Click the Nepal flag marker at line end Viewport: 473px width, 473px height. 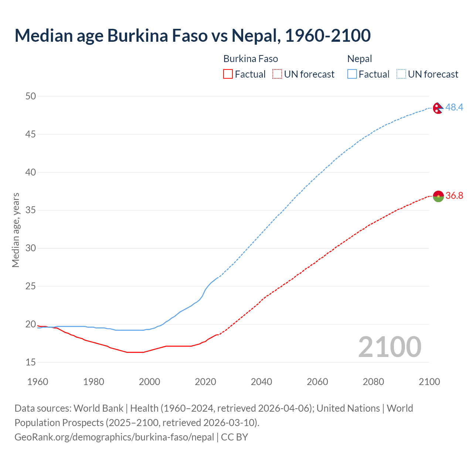(x=438, y=108)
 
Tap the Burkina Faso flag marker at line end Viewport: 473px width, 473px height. (x=438, y=196)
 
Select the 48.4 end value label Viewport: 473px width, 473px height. (x=454, y=107)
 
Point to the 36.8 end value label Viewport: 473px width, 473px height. (x=454, y=195)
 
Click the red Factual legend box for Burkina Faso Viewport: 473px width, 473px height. (x=228, y=74)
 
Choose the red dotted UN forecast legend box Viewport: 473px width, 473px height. (x=277, y=74)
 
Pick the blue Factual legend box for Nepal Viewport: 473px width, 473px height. (x=352, y=74)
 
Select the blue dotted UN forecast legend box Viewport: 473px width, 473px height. (x=401, y=74)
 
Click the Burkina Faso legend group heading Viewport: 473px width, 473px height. (x=251, y=59)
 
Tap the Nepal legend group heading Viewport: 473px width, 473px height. (x=360, y=59)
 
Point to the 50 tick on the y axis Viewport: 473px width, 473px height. (x=31, y=96)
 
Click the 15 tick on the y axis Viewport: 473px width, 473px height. (x=31, y=362)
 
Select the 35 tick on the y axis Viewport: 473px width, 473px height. (x=31, y=210)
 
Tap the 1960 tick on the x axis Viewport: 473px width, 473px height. (x=38, y=382)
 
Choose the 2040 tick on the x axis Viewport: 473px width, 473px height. (x=261, y=382)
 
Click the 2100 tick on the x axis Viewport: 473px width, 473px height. (x=429, y=382)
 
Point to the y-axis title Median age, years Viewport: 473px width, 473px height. (x=16, y=230)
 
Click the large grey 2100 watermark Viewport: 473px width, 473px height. (x=389, y=347)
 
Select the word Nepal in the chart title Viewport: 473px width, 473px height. (x=254, y=35)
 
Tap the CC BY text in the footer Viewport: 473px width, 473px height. (x=234, y=437)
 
